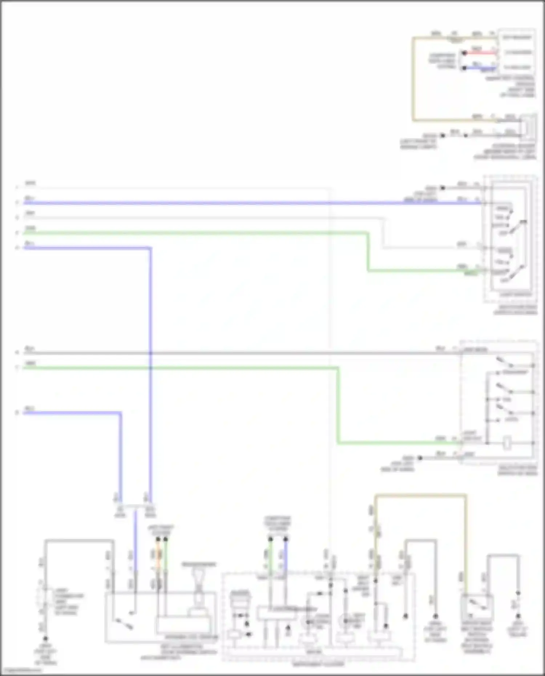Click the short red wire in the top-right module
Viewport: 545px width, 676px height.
(480, 53)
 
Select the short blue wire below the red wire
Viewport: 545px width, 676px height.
(480, 68)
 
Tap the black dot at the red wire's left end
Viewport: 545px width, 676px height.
(464, 53)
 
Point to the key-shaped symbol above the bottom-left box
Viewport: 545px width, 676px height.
(198, 578)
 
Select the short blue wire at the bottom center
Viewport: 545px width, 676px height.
(286, 556)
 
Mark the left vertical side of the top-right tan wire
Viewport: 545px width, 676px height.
(413, 78)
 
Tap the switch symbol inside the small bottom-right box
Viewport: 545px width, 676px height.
(477, 605)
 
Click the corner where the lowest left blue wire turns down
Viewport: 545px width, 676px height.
(120, 413)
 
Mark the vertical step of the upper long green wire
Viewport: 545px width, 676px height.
(368, 251)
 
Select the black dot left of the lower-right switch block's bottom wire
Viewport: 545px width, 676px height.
(420, 458)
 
